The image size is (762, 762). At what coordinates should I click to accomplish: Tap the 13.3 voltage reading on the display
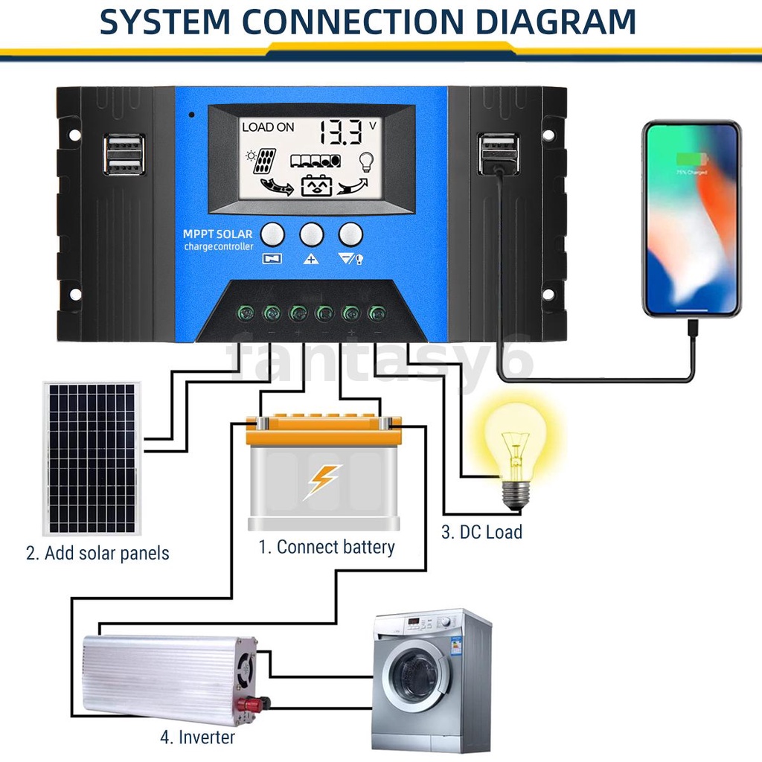[340, 132]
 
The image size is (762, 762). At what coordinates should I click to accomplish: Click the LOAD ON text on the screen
[268, 127]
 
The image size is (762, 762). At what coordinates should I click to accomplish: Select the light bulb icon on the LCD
[365, 160]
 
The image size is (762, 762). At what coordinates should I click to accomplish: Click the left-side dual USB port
[124, 155]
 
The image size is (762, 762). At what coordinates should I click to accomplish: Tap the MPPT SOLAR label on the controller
[217, 234]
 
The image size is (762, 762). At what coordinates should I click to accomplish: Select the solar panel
[92, 458]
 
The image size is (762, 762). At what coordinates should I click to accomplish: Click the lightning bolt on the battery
[322, 481]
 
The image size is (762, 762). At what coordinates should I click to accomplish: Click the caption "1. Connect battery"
[326, 547]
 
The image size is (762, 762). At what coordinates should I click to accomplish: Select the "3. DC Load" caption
[481, 532]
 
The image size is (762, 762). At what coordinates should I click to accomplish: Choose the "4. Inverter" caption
[197, 737]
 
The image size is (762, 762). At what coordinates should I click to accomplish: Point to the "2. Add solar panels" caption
[97, 554]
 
